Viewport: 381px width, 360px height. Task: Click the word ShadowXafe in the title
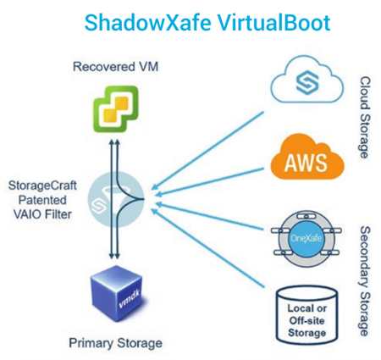point(148,23)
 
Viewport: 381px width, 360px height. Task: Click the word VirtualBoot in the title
point(274,23)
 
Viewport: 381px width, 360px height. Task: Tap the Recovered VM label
point(115,67)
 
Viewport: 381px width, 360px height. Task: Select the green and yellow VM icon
point(116,109)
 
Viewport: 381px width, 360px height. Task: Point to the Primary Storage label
point(115,343)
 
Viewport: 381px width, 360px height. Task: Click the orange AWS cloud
point(307,157)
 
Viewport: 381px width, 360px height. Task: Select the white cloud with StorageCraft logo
point(307,80)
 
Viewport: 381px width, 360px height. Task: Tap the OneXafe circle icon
point(306,239)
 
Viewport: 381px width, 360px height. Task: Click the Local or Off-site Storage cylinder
point(306,315)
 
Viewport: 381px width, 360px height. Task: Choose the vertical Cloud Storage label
point(365,117)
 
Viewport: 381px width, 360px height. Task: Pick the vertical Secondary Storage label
point(365,281)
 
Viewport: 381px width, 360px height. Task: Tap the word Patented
point(42,200)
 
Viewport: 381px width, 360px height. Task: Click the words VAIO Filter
point(42,214)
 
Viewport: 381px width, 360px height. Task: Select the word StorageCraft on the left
point(42,186)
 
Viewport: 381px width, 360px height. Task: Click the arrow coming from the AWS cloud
point(210,181)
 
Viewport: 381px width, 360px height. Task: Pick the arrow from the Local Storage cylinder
point(208,248)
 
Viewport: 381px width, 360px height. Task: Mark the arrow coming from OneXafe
point(210,216)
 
